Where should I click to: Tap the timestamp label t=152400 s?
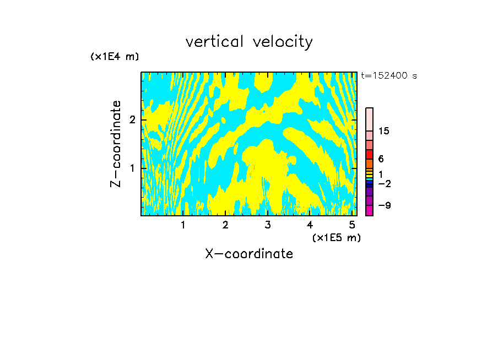(389, 75)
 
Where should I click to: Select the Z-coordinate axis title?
(116, 144)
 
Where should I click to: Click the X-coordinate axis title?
(249, 254)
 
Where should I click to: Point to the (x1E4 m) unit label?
(115, 57)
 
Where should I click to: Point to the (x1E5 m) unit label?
(336, 237)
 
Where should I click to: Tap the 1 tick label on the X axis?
(183, 225)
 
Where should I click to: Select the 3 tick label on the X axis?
(267, 225)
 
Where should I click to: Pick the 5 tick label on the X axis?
(352, 225)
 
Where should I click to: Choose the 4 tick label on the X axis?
(310, 225)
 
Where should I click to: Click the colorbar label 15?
(384, 131)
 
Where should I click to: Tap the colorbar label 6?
(381, 159)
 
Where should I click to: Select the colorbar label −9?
(384, 205)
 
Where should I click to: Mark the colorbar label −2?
(384, 183)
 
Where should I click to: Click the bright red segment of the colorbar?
(369, 154)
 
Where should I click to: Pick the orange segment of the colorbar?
(369, 163)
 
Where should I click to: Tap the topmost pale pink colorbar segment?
(369, 119)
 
